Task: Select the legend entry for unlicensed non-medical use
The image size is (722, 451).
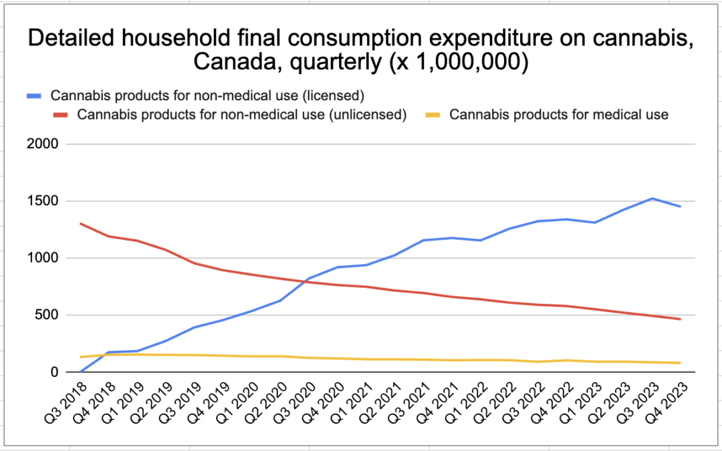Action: [242, 114]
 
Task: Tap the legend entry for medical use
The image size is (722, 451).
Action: [558, 114]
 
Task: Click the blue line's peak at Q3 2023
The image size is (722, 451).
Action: [652, 198]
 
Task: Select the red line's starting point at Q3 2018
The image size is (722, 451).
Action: [80, 223]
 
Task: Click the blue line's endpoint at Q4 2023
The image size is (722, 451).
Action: [681, 206]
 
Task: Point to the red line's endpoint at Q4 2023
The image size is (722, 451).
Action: [681, 319]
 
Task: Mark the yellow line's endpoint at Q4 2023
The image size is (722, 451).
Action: [681, 363]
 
